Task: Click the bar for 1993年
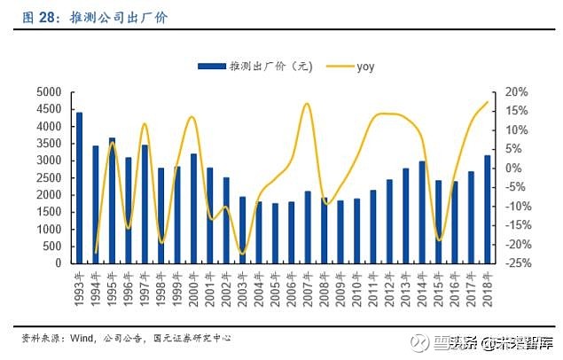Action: coord(79,188)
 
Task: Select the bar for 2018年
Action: coord(486,209)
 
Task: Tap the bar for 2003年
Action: coord(242,230)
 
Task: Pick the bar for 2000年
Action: coord(193,208)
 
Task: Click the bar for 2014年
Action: coord(421,212)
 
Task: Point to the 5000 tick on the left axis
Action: coord(49,92)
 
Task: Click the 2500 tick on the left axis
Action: coord(49,178)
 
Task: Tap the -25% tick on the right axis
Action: coord(519,263)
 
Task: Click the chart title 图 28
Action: coord(40,17)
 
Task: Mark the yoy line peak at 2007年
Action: coord(307,104)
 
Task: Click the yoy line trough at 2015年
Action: coord(438,240)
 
